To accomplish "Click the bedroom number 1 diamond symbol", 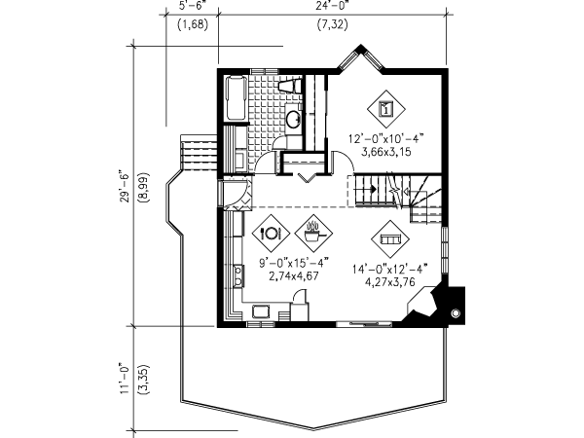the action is pos(386,109).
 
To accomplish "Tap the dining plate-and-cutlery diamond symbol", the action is pos(271,234).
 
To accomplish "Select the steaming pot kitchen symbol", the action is pos(313,234).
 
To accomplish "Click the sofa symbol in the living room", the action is pos(390,239).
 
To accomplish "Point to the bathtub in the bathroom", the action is pos(236,97).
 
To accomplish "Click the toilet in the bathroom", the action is pos(289,86).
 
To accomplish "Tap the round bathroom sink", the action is pos(293,119).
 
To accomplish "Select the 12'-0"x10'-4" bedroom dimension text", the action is pos(386,139).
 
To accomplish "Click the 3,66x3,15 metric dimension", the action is pos(386,152).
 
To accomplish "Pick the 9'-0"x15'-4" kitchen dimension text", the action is pos(294,263).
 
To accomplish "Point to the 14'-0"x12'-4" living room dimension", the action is pos(390,269).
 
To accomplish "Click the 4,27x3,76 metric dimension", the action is pos(390,282).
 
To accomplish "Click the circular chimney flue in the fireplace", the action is pos(456,313).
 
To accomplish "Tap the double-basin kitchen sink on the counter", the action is pos(238,275).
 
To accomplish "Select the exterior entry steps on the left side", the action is pos(199,153).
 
